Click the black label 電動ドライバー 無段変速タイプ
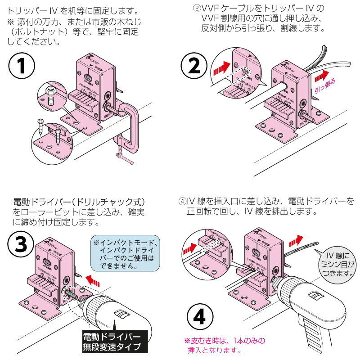[x=112, y=342]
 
